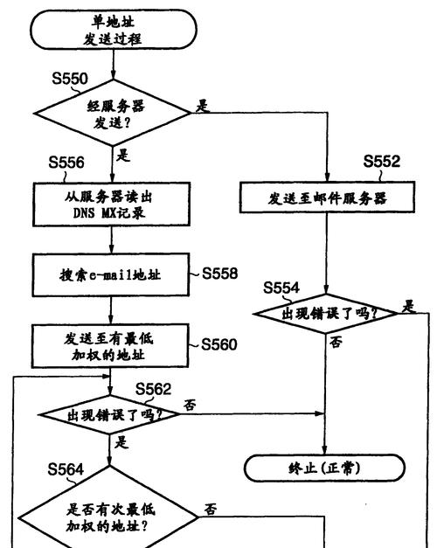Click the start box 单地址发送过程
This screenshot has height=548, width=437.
[x=114, y=30]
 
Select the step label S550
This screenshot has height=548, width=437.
[x=70, y=79]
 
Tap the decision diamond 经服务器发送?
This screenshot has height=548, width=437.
[x=113, y=113]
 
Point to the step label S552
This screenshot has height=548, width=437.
[x=382, y=161]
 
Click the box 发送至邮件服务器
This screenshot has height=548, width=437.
[x=327, y=198]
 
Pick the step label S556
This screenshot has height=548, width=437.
[x=66, y=163]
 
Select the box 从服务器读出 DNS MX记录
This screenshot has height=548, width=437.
[x=112, y=205]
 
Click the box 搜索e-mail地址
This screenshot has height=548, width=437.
[x=111, y=275]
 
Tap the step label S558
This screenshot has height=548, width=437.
[x=220, y=274]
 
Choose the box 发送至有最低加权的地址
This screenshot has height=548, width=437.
[x=110, y=346]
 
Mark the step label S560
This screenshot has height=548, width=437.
[x=219, y=344]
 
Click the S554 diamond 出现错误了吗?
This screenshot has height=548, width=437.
[x=326, y=313]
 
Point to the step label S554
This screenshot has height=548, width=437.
[x=281, y=288]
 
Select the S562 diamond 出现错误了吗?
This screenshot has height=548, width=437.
[x=109, y=415]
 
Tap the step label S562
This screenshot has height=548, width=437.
[x=154, y=389]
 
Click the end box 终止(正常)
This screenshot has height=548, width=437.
[x=324, y=468]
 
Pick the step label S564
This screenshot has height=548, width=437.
[x=66, y=469]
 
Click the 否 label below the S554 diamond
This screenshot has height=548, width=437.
[x=336, y=342]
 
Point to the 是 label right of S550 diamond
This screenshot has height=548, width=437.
[x=203, y=106]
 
